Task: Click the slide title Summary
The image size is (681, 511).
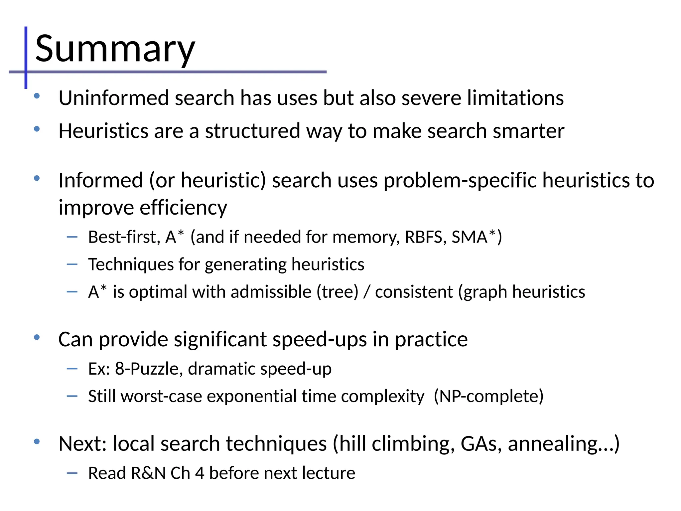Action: [x=115, y=49]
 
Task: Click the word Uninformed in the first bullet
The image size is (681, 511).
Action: [x=114, y=98]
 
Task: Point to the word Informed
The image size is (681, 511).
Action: [x=100, y=180]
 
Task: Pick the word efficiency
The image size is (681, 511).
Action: [x=183, y=208]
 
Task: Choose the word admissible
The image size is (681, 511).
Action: [x=271, y=292]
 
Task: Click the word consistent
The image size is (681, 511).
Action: [x=414, y=292]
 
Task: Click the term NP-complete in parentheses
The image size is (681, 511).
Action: [x=489, y=397]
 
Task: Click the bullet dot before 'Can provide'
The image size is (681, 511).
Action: [x=37, y=337]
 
